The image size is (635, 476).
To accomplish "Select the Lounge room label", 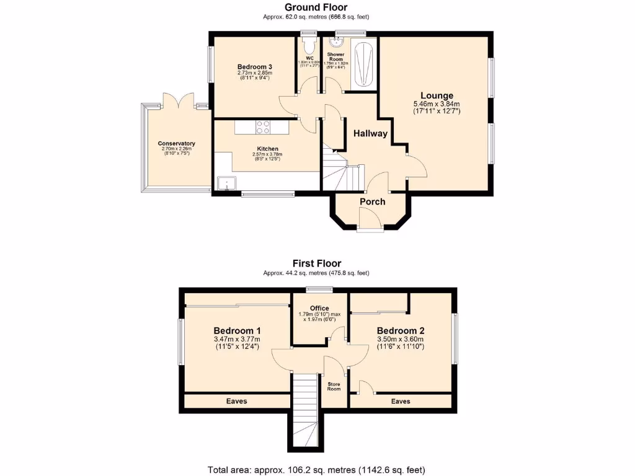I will tap(437, 95).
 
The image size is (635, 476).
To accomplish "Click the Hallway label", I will tap(370, 133).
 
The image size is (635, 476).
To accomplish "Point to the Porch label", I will tap(372, 201).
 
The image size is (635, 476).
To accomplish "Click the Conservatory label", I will tap(176, 143).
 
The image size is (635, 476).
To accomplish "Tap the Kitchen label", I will tap(267, 149).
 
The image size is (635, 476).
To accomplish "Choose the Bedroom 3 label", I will tap(255, 66).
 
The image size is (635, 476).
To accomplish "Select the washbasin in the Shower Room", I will tap(336, 42).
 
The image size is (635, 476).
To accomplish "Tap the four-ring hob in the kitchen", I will tap(263, 126).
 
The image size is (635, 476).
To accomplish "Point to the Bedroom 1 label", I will tap(237, 330).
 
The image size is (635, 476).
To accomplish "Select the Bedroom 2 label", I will tap(401, 330).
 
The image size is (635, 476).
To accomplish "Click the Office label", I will tap(319, 308).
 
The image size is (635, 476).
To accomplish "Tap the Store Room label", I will tap(334, 386).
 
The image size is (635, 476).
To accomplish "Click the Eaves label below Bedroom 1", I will tap(236, 401).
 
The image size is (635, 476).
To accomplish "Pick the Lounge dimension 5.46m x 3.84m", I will tap(437, 104).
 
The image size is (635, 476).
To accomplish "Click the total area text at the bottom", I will tap(316, 469).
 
